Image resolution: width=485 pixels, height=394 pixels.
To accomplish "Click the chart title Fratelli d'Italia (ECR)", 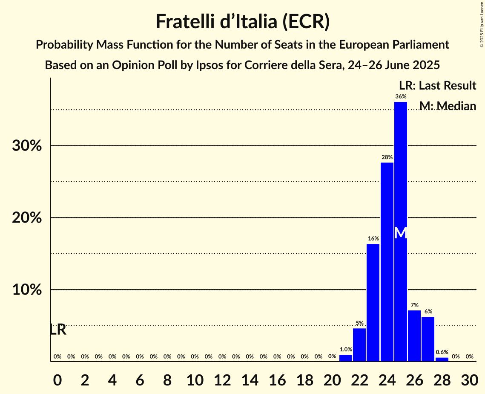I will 242,21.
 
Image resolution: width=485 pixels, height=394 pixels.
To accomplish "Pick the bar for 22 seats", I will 359,345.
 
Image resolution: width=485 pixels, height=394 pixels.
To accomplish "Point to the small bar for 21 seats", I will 346,358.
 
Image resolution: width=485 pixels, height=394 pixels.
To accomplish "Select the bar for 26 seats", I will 414,336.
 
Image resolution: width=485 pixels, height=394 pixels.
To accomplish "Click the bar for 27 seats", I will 428,339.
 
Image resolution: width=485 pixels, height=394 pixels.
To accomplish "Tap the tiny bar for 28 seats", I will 442,359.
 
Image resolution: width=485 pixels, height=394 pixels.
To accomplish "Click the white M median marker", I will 401,233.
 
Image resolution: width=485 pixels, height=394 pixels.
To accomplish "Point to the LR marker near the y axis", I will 57,330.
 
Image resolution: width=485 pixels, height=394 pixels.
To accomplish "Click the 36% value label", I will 401,97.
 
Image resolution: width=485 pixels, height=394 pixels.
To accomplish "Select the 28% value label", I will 387,157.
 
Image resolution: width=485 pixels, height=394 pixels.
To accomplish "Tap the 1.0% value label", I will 346,349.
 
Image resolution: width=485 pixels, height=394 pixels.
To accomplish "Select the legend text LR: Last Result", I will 437,85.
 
